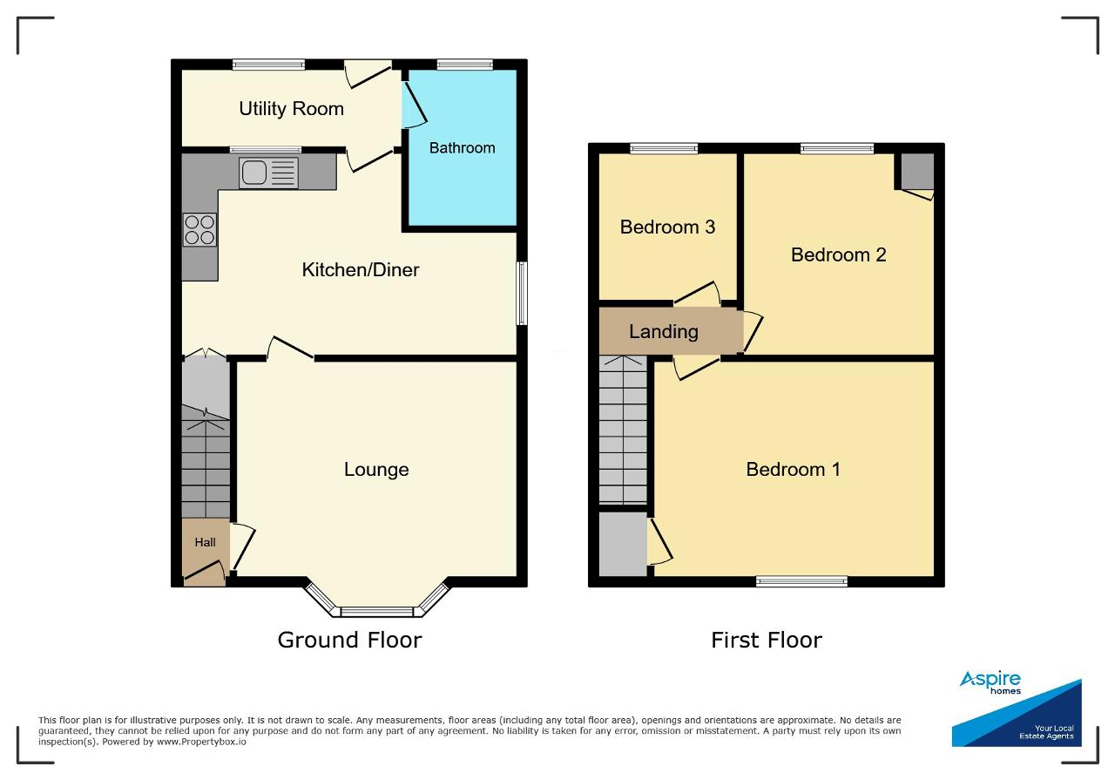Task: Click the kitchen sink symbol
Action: point(268,173)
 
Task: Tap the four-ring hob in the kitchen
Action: point(199,229)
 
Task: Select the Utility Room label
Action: point(291,109)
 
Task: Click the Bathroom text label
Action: point(462,148)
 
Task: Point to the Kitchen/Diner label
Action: point(361,269)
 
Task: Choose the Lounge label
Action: point(376,469)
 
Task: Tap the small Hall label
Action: point(205,542)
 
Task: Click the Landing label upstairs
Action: point(664,332)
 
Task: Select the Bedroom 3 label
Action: point(667,227)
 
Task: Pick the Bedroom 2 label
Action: point(839,255)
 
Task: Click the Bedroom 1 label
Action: point(794,469)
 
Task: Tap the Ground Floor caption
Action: point(349,640)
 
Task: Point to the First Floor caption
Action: point(767,640)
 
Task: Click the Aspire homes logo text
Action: point(990,682)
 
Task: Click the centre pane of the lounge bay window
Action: point(377,611)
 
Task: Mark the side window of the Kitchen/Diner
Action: point(522,294)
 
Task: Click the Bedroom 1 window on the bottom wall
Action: point(801,581)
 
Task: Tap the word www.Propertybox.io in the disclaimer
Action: point(201,742)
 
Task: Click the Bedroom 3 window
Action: point(664,148)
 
